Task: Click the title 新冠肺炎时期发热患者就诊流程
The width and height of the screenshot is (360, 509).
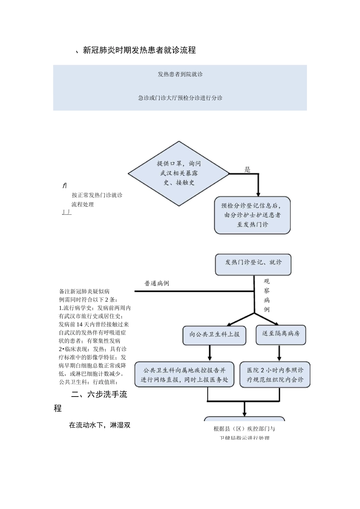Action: [139, 50]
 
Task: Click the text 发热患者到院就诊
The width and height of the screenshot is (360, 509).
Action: [180, 74]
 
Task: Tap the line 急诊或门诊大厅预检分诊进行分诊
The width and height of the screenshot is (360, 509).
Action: [180, 98]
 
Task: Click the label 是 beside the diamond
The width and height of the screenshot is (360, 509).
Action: [247, 169]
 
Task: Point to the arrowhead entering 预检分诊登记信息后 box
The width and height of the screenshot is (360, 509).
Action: [258, 193]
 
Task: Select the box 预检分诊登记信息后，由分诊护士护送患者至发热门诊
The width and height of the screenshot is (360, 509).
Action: [252, 215]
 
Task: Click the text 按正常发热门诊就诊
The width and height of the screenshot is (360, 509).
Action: [97, 195]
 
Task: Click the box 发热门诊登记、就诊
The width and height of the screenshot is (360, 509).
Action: [253, 264]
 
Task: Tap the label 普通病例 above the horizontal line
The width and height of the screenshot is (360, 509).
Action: [157, 283]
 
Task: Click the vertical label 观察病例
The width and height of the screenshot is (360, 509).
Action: [267, 295]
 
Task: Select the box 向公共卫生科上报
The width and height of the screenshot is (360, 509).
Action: [214, 335]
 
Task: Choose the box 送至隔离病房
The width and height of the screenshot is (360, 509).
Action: [281, 334]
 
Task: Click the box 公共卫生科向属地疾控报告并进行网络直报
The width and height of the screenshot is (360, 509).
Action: [185, 375]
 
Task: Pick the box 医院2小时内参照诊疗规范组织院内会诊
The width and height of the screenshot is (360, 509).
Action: [275, 375]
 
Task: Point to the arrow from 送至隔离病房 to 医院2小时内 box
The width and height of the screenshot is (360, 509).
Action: [279, 353]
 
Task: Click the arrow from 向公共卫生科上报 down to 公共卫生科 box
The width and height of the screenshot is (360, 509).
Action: [210, 354]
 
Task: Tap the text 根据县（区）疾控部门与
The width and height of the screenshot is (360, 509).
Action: [244, 429]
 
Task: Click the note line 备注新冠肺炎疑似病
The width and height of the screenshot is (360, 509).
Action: [85, 291]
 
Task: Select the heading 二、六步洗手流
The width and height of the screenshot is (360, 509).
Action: [99, 395]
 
